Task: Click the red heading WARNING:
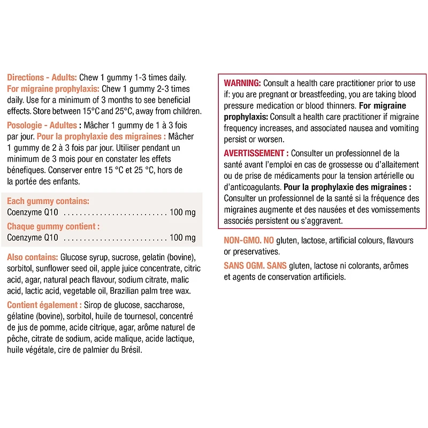coord(242,83)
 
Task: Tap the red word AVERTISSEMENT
coord(254,154)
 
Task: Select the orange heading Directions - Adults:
coord(42,77)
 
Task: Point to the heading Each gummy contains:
coord(48,201)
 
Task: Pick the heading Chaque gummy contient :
coord(53,226)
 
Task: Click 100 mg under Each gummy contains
coord(183,212)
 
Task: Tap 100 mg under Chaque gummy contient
coord(183,238)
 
